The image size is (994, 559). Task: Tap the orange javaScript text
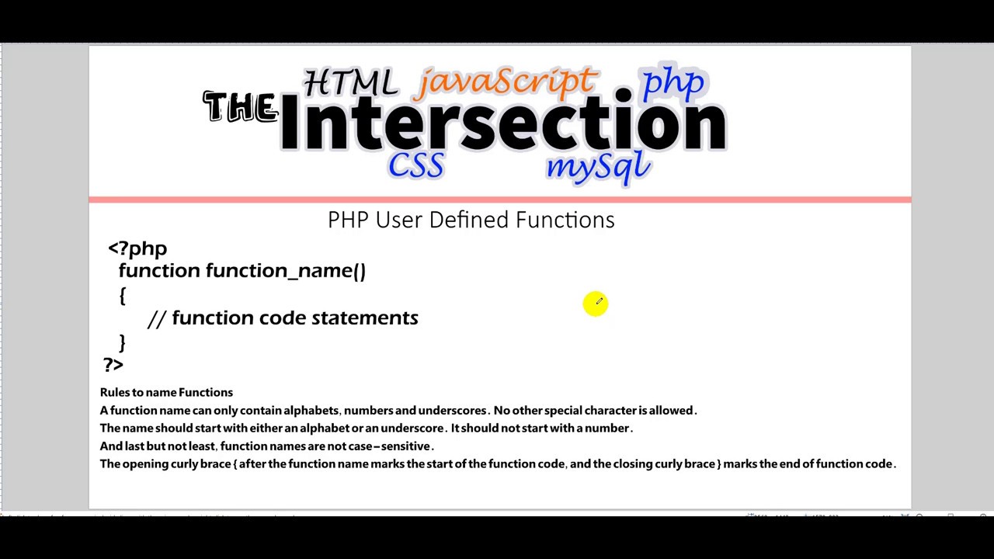click(506, 82)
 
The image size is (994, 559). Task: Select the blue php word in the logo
click(673, 82)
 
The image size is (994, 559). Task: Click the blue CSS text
click(416, 165)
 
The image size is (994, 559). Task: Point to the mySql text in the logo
click(597, 165)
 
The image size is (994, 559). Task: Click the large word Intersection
click(503, 123)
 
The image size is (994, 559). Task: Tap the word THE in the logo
click(240, 107)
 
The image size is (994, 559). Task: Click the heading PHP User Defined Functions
click(471, 220)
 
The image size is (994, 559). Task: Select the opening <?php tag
click(137, 248)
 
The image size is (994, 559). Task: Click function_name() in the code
click(285, 270)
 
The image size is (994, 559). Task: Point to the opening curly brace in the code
click(122, 295)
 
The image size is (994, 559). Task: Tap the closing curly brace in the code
click(122, 342)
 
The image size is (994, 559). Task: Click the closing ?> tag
click(113, 364)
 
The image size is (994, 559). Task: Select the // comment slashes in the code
click(156, 318)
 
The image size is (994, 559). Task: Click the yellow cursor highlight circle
click(596, 304)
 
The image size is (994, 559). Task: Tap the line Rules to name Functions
click(166, 392)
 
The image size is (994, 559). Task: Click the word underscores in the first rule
click(452, 410)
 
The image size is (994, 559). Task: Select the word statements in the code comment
click(364, 318)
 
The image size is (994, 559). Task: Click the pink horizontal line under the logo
click(499, 200)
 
